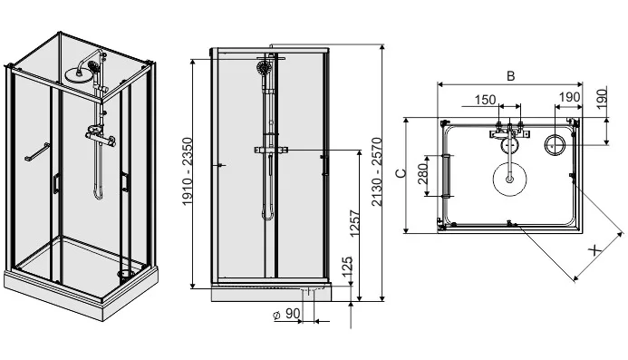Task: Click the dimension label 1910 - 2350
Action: click(188, 171)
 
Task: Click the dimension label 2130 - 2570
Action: click(377, 171)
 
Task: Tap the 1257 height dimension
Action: click(355, 223)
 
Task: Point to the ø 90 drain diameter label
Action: click(286, 314)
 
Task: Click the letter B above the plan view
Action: click(510, 76)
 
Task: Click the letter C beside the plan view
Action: click(401, 173)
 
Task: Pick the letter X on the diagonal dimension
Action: click(595, 250)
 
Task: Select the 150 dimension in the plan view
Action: click(485, 100)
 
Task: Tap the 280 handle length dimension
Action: click(422, 173)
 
